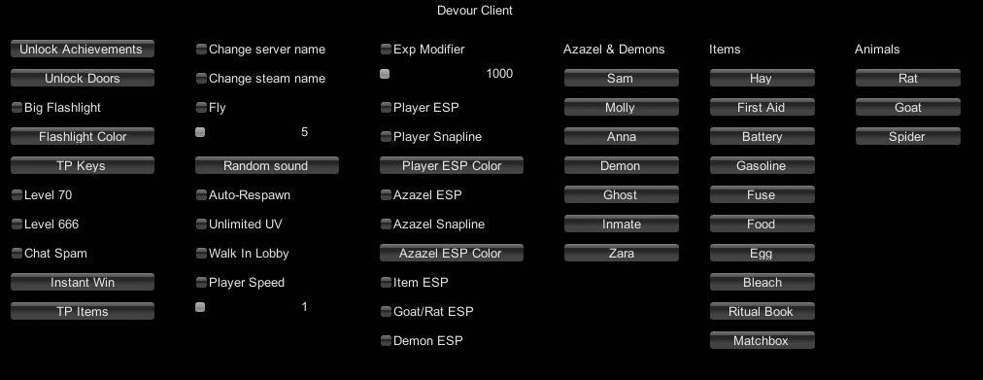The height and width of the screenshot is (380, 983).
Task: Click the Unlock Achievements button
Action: click(82, 50)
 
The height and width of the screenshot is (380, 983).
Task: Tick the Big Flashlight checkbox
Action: click(17, 108)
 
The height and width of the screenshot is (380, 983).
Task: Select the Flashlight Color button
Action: click(82, 137)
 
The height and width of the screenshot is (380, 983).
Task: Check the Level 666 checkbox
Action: click(17, 225)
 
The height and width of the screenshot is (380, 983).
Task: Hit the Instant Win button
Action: click(82, 283)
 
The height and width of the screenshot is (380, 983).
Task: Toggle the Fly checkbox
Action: click(201, 108)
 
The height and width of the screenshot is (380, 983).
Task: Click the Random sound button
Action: click(266, 166)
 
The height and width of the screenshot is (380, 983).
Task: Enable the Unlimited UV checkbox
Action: click(201, 225)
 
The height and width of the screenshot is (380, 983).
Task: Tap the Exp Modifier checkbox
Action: click(386, 50)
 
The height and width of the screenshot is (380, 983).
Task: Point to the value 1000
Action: click(499, 74)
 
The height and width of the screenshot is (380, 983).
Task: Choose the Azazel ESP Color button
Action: click(451, 254)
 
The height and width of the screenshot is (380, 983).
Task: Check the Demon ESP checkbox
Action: click(386, 341)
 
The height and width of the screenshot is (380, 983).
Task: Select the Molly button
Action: click(620, 108)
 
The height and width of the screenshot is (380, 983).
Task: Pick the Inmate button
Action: click(621, 225)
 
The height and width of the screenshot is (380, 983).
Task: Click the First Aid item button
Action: click(761, 108)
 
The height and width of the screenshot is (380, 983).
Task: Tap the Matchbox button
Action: click(761, 341)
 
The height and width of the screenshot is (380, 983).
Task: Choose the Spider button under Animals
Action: click(906, 137)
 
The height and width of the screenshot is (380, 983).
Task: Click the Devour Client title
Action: click(475, 11)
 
